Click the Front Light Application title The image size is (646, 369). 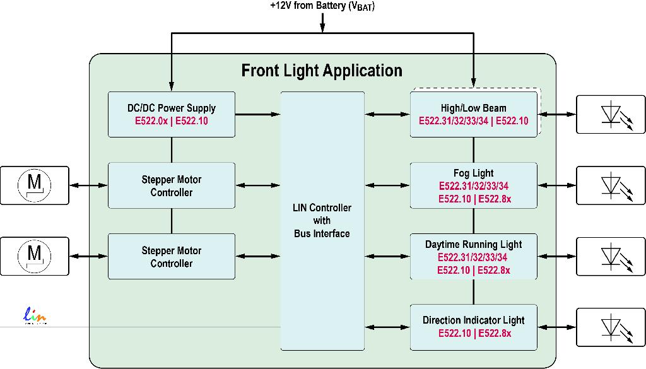[x=322, y=70]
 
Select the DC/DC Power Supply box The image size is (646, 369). [x=172, y=114]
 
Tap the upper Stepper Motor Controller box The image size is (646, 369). [x=172, y=185]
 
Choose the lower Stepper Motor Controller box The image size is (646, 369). [x=172, y=257]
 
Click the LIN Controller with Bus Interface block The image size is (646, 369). [x=322, y=221]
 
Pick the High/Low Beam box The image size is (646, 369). [x=474, y=114]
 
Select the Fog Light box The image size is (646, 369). [x=474, y=185]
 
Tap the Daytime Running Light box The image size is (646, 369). [x=474, y=257]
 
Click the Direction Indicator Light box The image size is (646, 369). [x=474, y=327]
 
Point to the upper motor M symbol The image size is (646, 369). [x=35, y=185]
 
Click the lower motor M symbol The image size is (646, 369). [x=35, y=256]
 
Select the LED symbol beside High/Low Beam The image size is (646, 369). [x=611, y=114]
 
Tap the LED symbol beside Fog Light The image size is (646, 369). [x=611, y=185]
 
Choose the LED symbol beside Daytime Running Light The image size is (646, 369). [x=611, y=257]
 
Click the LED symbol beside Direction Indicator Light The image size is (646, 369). [x=611, y=327]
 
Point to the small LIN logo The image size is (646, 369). [x=35, y=315]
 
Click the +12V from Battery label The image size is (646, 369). [x=322, y=7]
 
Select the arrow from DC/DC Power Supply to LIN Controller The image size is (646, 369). [x=257, y=114]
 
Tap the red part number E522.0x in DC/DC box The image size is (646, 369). [x=151, y=120]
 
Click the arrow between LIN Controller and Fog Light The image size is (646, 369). [x=387, y=185]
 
